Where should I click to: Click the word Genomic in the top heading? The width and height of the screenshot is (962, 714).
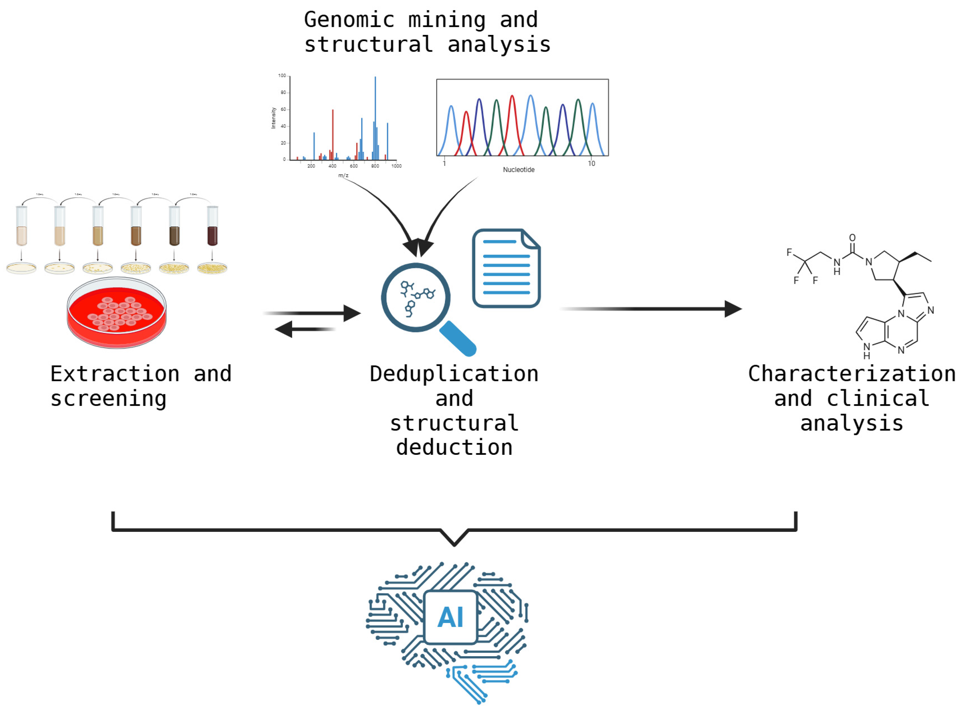[x=349, y=20]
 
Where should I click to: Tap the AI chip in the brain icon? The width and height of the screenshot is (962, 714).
[x=450, y=617]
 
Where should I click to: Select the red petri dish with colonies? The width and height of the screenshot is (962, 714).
[x=117, y=312]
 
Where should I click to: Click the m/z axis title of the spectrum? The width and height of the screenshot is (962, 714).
[x=343, y=175]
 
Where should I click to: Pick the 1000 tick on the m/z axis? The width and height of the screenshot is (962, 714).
[x=396, y=166]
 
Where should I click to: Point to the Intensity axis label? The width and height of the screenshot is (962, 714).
[x=274, y=118]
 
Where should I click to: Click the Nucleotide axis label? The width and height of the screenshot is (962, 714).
[x=519, y=170]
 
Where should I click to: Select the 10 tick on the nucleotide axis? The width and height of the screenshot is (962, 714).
[x=591, y=163]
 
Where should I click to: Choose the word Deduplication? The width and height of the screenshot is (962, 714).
[x=454, y=374]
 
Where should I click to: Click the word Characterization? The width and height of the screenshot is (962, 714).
[x=851, y=374]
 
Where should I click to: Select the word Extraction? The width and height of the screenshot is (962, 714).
[x=115, y=374]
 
